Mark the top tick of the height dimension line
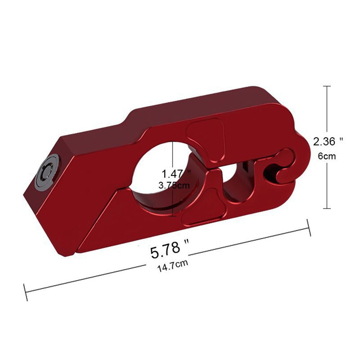(x=327, y=86)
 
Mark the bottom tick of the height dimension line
(x=327, y=208)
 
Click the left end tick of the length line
(x=25, y=292)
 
